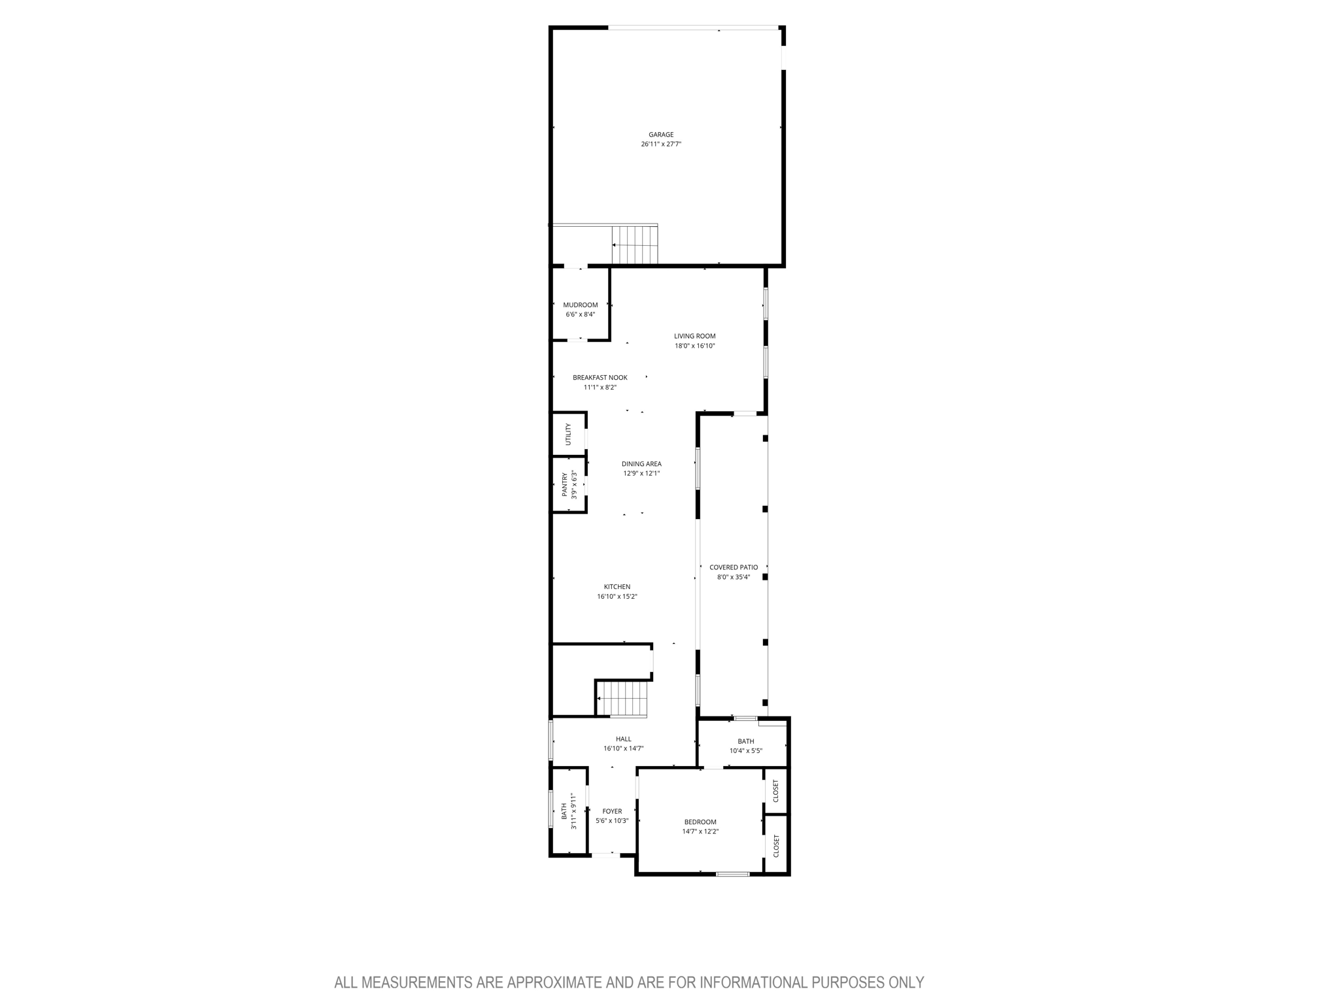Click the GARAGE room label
click(x=661, y=135)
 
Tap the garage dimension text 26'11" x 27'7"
click(x=661, y=144)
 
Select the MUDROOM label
click(x=580, y=305)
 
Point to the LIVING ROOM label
click(x=694, y=336)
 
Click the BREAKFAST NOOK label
click(x=600, y=378)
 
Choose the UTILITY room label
click(x=568, y=435)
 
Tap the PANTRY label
click(x=565, y=485)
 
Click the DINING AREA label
click(x=641, y=464)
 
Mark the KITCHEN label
click(x=617, y=587)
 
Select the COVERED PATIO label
click(x=734, y=567)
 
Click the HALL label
click(x=623, y=739)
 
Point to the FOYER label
click(x=612, y=811)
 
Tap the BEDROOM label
click(x=700, y=822)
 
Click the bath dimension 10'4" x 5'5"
click(x=746, y=751)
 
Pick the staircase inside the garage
click(x=634, y=244)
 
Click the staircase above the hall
click(x=624, y=699)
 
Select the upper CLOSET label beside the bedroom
click(x=776, y=791)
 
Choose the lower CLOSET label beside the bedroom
click(x=776, y=846)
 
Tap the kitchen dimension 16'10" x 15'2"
click(x=617, y=597)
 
